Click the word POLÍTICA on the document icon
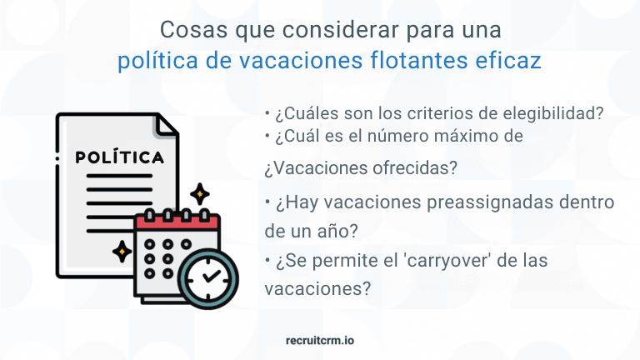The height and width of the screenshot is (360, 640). (x=119, y=157)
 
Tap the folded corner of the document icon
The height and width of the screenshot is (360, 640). (x=167, y=127)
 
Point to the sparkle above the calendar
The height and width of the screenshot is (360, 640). (x=199, y=195)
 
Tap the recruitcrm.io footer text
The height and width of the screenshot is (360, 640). (x=320, y=340)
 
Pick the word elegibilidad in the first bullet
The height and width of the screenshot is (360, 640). (x=559, y=113)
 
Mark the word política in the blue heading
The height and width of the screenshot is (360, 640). (x=151, y=60)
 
